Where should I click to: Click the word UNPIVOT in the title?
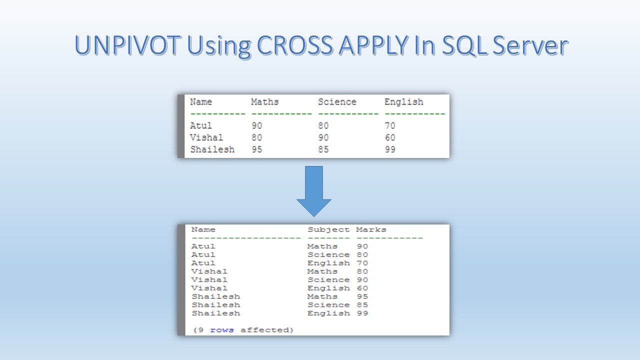pos(127,45)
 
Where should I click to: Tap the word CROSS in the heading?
pos(295,45)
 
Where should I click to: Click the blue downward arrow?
pos(314,191)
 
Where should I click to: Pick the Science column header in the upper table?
pos(337,101)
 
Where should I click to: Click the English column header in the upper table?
pos(403,102)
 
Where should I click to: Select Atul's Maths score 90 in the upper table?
pos(257,125)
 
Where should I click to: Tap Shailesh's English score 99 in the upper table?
pos(390,149)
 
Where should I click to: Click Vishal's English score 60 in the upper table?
pos(390,137)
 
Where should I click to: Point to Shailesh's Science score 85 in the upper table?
pos(323,149)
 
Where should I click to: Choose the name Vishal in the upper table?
pos(206,137)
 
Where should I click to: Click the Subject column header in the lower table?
pos(328,229)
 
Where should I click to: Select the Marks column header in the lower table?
pos(371,229)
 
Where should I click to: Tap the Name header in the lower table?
pos(203,229)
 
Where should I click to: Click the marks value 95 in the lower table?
pos(362,296)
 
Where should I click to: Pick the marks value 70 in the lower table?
pos(362,263)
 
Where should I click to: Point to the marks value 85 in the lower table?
pos(362,305)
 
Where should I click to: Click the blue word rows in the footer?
pos(222,330)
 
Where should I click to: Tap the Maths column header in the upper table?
pos(265,101)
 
